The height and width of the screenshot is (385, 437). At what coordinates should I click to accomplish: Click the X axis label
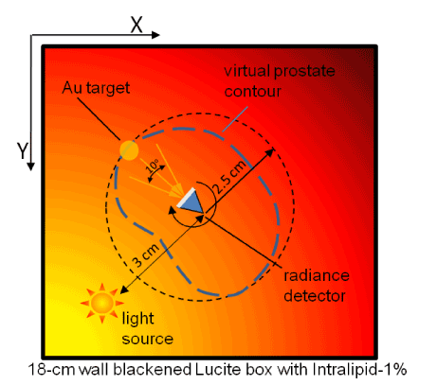137,25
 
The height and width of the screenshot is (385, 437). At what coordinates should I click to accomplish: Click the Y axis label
23,150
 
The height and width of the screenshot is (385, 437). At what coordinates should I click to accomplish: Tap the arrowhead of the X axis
155,35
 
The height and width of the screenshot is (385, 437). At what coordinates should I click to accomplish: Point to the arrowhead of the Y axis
30,166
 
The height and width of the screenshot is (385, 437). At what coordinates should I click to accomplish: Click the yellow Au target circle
129,150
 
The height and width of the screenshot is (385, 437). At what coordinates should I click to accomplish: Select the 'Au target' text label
96,88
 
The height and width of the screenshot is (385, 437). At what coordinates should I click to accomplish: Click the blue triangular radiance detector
191,201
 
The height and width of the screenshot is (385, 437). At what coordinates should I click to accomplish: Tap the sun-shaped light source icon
102,303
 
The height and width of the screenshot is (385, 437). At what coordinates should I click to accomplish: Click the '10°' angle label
154,166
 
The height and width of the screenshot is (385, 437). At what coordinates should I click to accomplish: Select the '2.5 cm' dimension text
229,177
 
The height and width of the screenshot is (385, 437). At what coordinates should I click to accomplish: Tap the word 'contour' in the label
252,92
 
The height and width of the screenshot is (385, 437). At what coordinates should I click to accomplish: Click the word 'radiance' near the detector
317,275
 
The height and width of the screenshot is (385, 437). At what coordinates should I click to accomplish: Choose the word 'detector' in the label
315,296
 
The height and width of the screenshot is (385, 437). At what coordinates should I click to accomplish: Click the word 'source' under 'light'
148,339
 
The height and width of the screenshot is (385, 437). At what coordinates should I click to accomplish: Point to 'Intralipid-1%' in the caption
359,369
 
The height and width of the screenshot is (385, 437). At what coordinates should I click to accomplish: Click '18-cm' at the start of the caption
52,370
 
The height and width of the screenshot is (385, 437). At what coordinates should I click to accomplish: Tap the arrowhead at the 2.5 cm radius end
269,152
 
